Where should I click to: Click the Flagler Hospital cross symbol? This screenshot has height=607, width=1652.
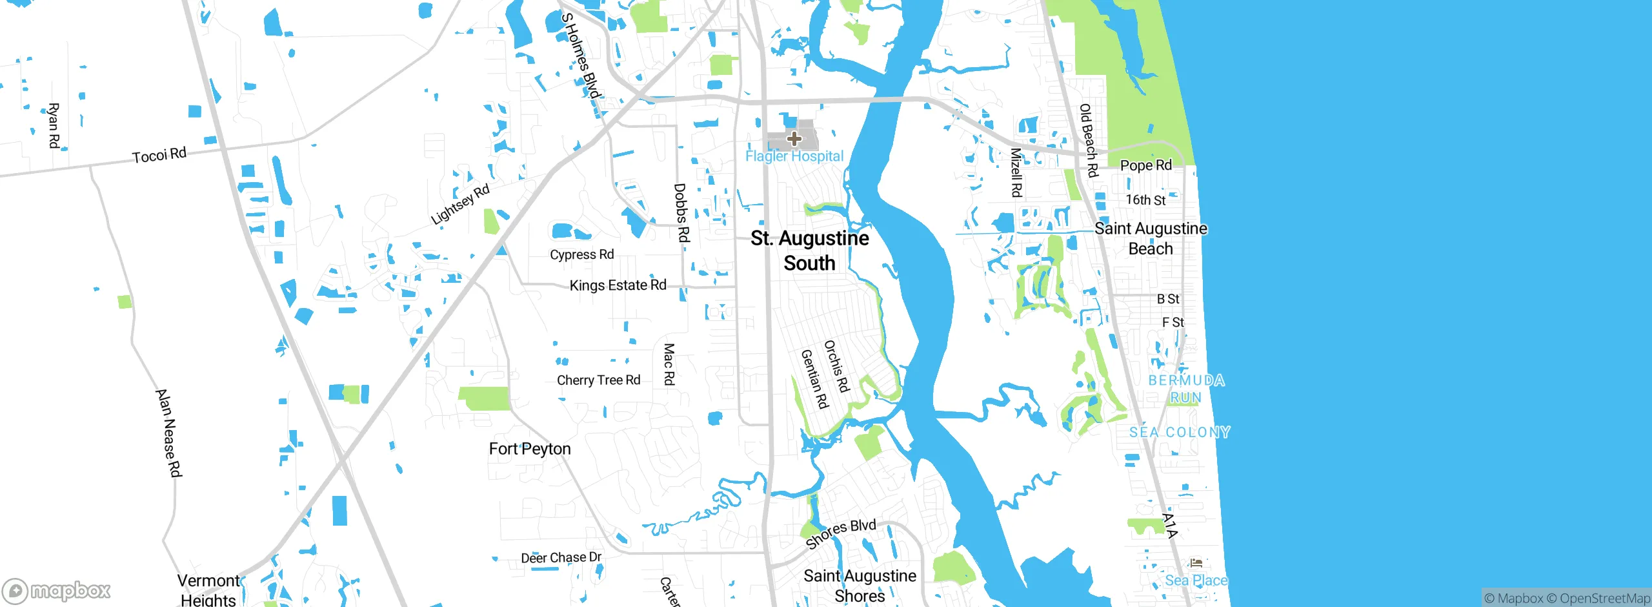(794, 138)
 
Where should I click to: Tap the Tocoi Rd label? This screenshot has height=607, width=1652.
(159, 155)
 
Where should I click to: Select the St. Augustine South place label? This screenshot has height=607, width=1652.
(809, 251)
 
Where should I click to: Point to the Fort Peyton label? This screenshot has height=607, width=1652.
(529, 449)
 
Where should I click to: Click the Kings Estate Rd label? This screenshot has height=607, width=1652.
(618, 285)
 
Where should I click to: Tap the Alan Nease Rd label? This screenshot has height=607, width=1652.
(168, 433)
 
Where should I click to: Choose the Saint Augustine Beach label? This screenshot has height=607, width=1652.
(1150, 238)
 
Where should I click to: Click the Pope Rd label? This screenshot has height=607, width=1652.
(1145, 165)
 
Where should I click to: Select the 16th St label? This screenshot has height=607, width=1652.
(1145, 200)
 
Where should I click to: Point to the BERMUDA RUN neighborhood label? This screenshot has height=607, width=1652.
(1186, 389)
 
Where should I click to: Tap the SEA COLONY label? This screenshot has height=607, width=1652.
(1180, 432)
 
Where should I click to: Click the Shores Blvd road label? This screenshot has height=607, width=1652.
(840, 533)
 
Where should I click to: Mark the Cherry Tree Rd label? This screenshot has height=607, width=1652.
(598, 380)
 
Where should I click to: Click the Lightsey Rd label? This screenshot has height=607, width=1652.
(460, 205)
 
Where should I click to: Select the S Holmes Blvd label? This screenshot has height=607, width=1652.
(581, 56)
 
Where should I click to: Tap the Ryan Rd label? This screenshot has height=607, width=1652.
(54, 125)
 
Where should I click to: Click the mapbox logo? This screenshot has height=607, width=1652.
(57, 590)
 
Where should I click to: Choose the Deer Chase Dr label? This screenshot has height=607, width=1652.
(561, 557)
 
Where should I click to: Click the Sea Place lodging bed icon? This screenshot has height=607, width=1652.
(1196, 562)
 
